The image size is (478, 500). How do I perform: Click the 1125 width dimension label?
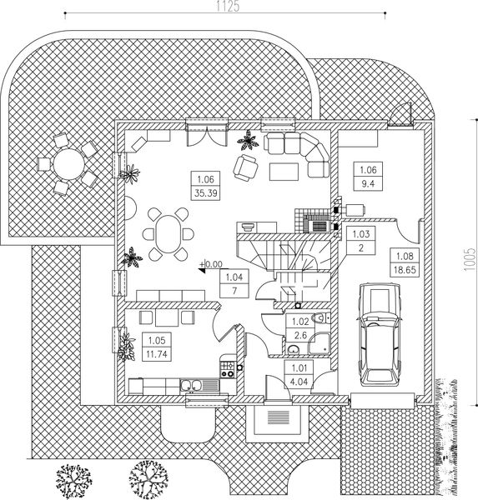click(x=228, y=7)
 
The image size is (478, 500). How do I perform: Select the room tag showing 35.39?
click(x=206, y=186)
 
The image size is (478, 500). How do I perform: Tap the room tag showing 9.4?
click(x=368, y=177)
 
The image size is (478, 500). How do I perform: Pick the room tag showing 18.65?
click(x=405, y=263)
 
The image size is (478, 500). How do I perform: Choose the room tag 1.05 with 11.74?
click(x=157, y=347)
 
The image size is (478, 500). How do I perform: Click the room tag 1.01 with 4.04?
click(x=299, y=375)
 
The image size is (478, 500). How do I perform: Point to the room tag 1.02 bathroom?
click(x=299, y=328)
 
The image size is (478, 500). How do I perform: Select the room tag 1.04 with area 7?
click(x=234, y=283)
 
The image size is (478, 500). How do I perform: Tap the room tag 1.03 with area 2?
click(x=361, y=241)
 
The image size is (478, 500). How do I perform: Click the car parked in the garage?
click(x=380, y=335)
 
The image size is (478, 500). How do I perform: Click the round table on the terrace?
click(x=68, y=164)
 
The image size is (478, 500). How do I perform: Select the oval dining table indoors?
click(x=168, y=234)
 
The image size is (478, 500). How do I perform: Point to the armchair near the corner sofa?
click(x=245, y=167)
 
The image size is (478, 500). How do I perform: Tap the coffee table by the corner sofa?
click(x=284, y=172)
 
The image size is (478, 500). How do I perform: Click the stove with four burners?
click(x=228, y=369)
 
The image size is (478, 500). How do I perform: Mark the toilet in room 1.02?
click(x=321, y=318)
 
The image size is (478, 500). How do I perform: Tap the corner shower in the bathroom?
click(x=320, y=343)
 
